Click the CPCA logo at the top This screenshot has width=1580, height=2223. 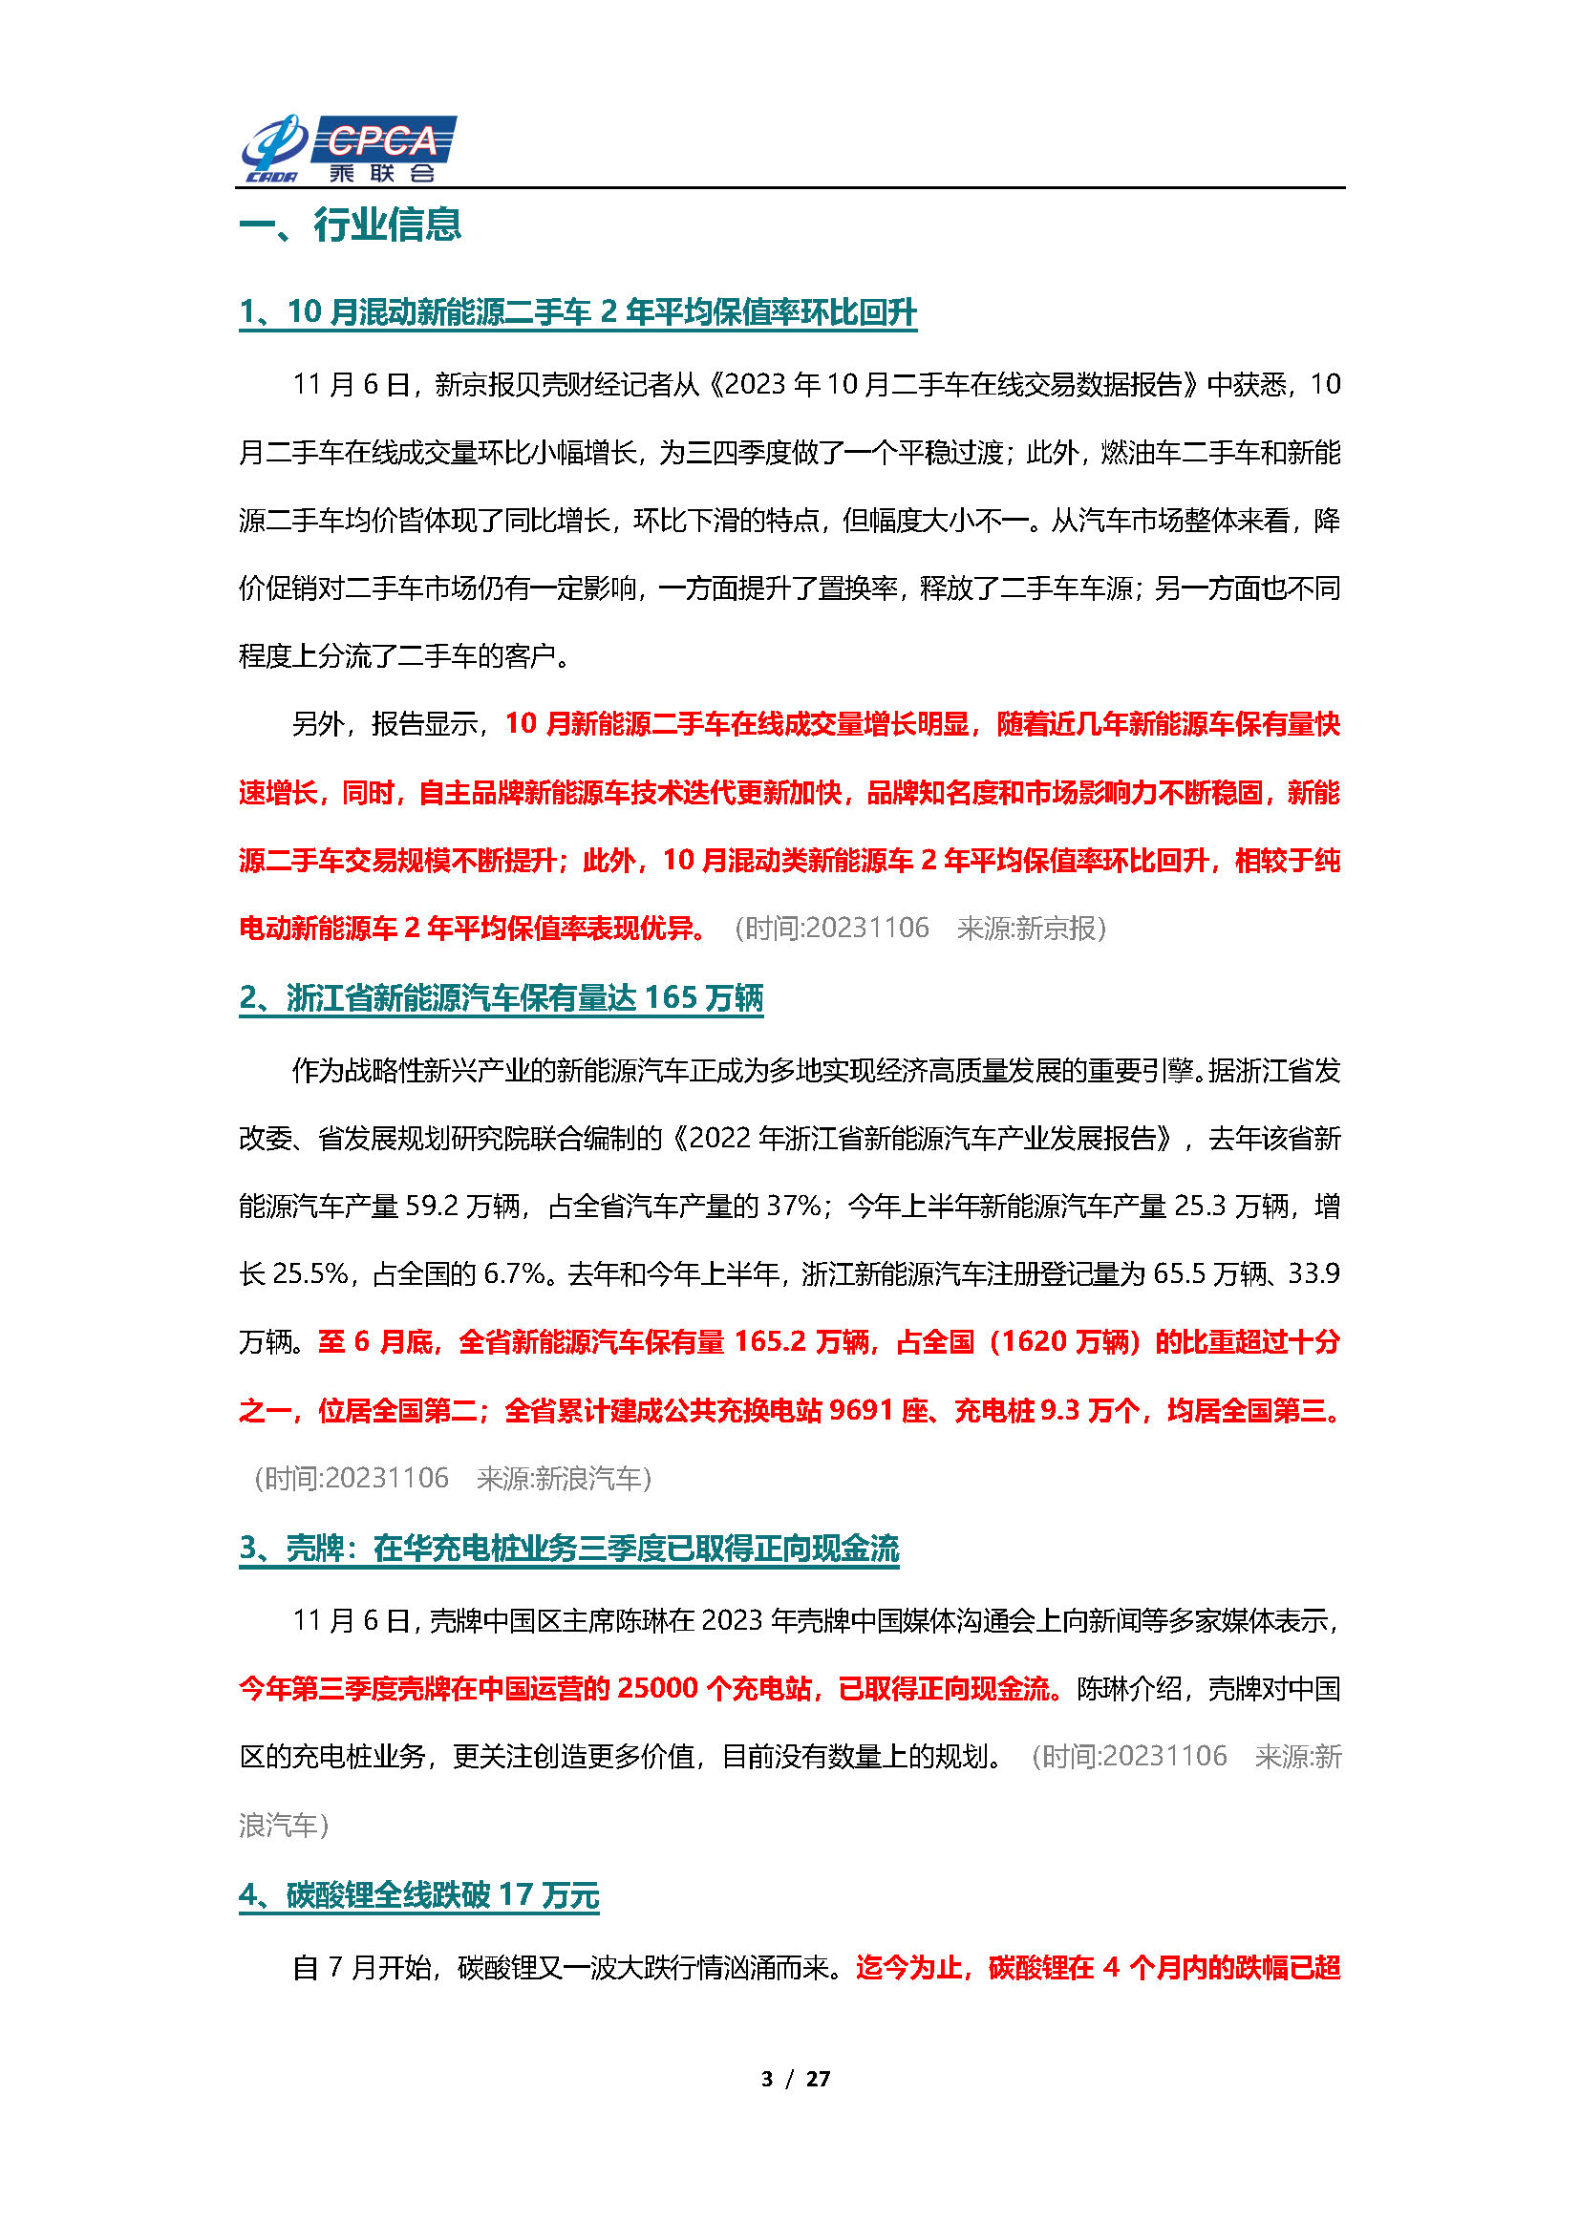(x=349, y=149)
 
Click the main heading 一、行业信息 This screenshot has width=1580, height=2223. (x=350, y=224)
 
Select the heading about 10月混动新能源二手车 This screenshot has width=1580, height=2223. (x=577, y=312)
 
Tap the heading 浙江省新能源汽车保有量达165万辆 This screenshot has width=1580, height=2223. (x=502, y=998)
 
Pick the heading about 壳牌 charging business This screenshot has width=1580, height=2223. (x=568, y=1549)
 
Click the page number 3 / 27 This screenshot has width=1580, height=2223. (x=795, y=2078)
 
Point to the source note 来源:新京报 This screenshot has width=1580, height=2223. (x=1031, y=930)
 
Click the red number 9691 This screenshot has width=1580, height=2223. (x=860, y=1411)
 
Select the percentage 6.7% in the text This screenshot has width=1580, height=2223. (x=514, y=1274)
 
